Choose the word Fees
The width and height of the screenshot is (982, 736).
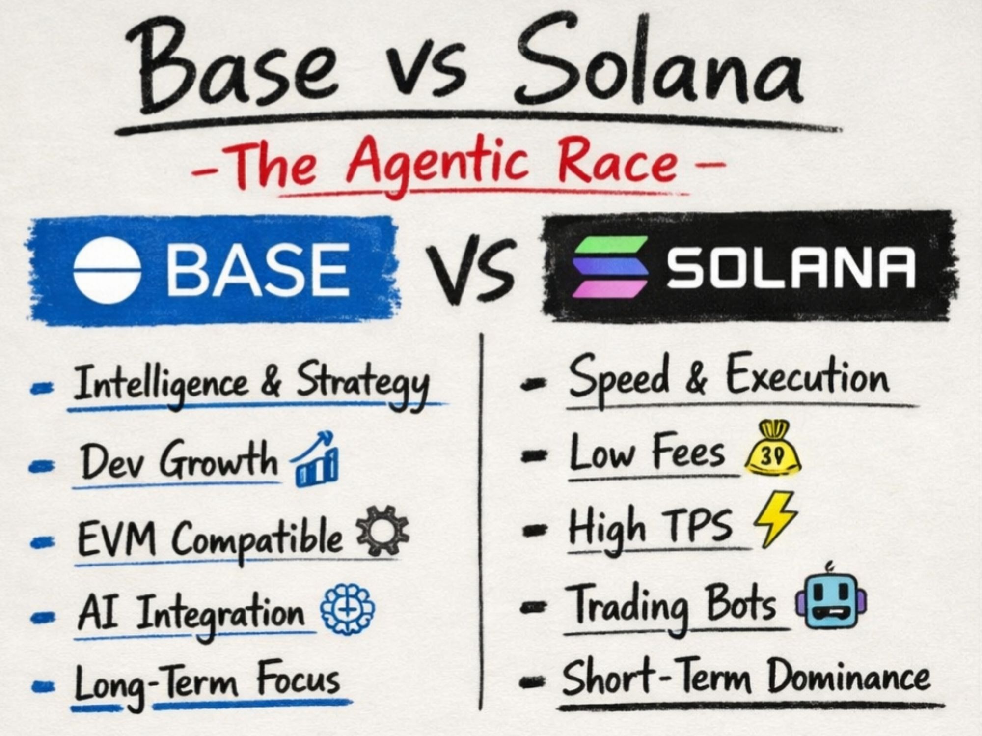[687, 452]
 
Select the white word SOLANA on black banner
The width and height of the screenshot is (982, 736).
[791, 267]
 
